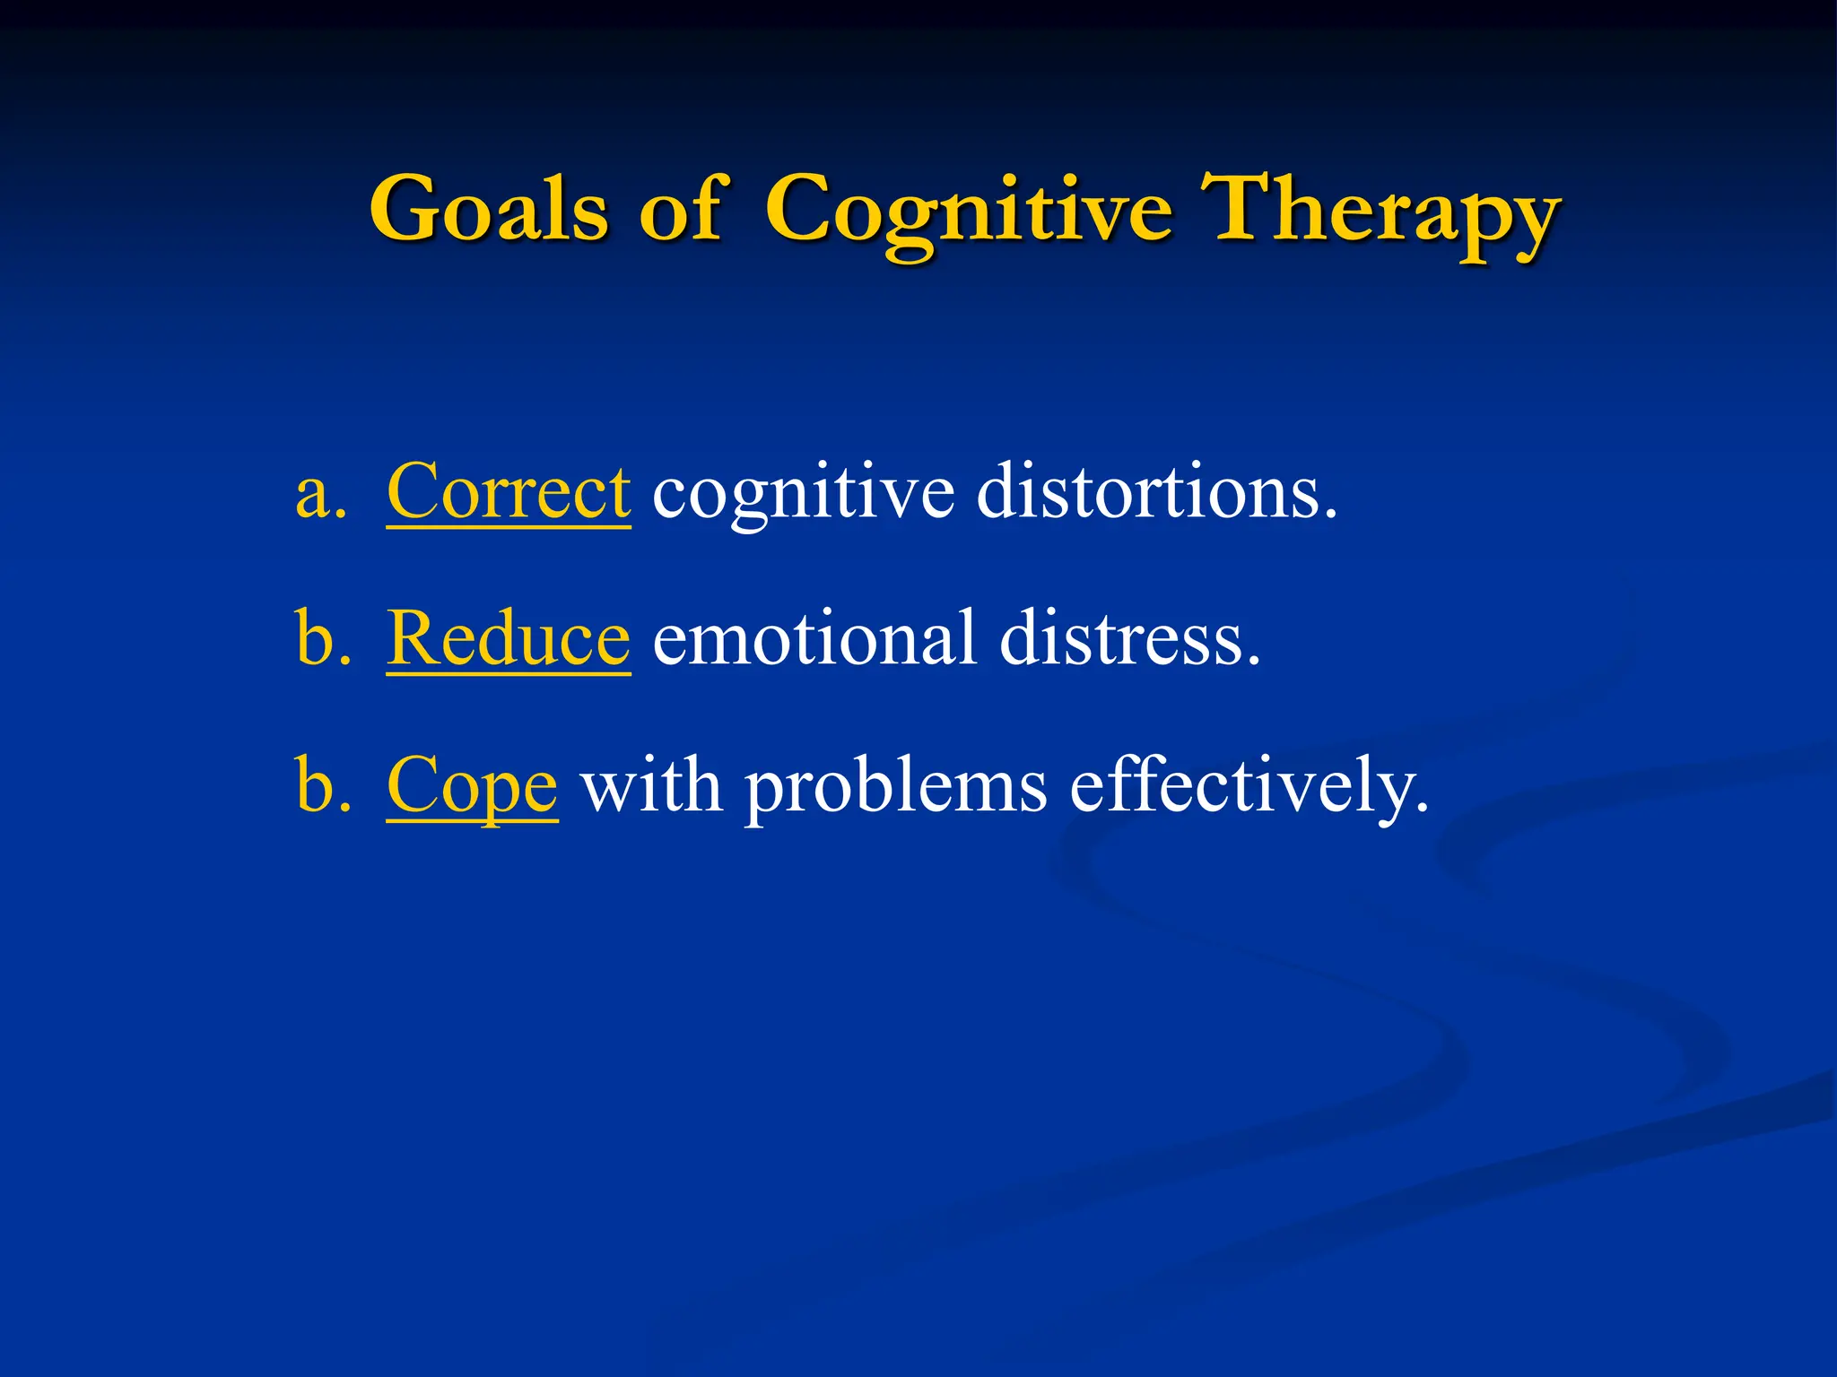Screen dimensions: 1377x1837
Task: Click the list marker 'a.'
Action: point(320,494)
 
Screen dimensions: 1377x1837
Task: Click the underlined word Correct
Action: point(509,492)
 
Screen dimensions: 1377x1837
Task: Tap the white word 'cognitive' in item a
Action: point(803,496)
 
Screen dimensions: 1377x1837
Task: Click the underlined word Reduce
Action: point(509,638)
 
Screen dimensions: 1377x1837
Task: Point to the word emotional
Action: point(814,638)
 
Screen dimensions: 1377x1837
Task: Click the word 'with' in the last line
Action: point(651,785)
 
